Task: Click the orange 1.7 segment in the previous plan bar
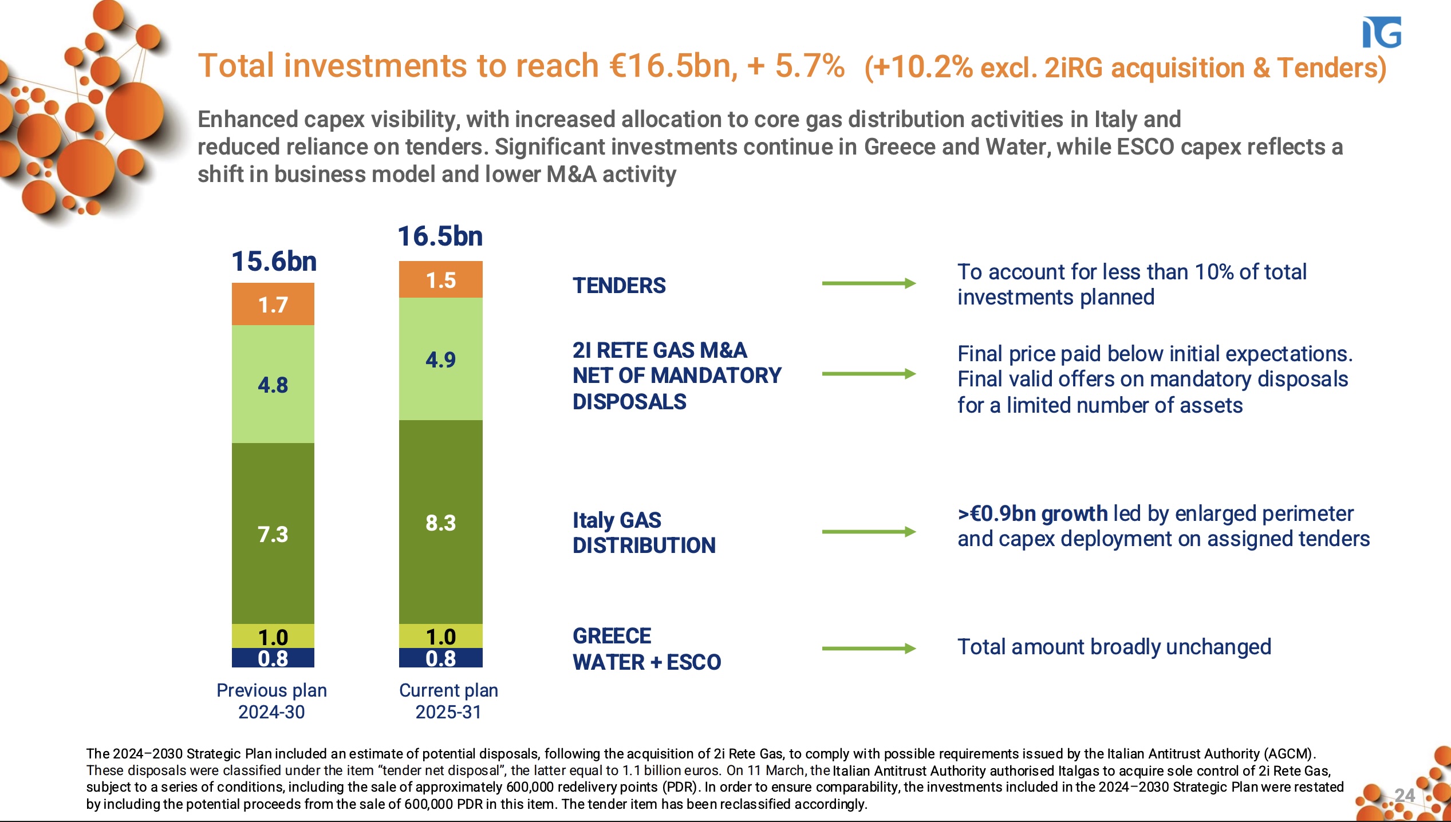tap(273, 305)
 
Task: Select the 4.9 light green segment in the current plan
tap(440, 359)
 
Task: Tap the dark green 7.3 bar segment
tap(273, 533)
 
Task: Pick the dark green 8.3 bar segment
tap(440, 522)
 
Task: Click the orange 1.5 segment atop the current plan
tap(440, 280)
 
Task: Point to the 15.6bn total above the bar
tap(274, 262)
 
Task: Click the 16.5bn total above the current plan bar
tap(440, 236)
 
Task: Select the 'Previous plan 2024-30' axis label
tap(271, 701)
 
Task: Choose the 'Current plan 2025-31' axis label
tap(448, 701)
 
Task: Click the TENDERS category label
tap(619, 285)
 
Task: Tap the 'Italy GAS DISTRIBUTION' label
tap(644, 532)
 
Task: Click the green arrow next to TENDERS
tap(868, 283)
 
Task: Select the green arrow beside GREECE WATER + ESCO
tap(868, 649)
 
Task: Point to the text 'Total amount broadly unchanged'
tap(1114, 647)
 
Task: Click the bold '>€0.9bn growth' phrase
tap(1032, 513)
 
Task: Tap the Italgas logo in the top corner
tap(1381, 33)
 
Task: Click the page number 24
tap(1405, 795)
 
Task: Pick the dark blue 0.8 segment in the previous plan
tap(273, 658)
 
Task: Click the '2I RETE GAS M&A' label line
tap(659, 350)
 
